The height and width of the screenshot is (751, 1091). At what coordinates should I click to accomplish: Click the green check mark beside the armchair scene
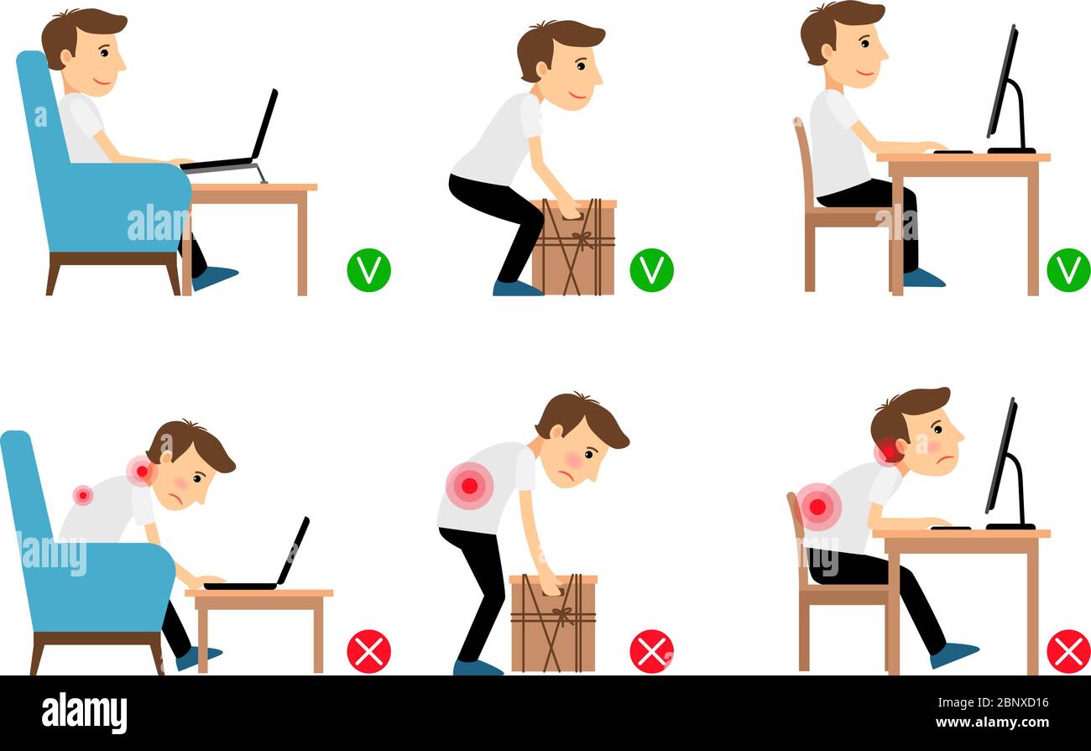tap(368, 270)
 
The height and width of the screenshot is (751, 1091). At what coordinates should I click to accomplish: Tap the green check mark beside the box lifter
tap(651, 270)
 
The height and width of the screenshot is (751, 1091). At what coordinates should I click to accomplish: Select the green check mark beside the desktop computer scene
tap(1068, 270)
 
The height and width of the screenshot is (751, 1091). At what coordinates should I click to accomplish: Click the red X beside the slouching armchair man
tap(368, 651)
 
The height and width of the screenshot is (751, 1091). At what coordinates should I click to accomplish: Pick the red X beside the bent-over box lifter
tap(651, 651)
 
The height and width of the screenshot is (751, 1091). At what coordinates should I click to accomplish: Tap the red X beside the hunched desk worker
tap(1068, 651)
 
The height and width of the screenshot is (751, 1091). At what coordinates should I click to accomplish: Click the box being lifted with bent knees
tap(574, 248)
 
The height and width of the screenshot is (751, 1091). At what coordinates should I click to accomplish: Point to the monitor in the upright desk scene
tap(1004, 92)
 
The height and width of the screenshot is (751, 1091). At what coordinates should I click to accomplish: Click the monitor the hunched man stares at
tap(1004, 462)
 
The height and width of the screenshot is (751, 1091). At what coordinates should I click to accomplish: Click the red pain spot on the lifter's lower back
tap(469, 485)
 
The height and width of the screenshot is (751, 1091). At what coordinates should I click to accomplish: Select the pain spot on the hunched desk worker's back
tap(817, 506)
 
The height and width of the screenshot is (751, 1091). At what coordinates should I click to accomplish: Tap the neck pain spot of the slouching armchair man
tap(141, 471)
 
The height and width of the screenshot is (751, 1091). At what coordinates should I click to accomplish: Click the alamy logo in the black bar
tap(84, 712)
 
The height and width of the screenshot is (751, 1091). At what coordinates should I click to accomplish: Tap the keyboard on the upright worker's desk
tap(952, 151)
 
